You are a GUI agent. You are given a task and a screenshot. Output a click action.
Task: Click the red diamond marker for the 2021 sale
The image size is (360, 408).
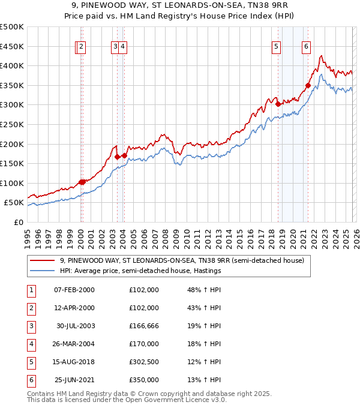pyautogui.click(x=308, y=85)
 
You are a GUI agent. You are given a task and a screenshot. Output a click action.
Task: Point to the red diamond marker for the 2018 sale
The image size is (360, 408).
pyautogui.click(x=278, y=104)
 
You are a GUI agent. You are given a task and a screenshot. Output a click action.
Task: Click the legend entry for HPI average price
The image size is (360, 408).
pyautogui.click(x=141, y=271)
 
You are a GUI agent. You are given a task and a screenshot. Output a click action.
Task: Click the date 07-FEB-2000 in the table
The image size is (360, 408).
pyautogui.click(x=74, y=290)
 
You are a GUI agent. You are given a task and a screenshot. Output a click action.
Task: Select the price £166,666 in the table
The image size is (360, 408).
pyautogui.click(x=144, y=326)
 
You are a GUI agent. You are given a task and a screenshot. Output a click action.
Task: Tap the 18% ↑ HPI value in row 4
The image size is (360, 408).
pyautogui.click(x=204, y=344)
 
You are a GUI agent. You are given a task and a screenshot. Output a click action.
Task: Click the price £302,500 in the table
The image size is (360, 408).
pyautogui.click(x=144, y=362)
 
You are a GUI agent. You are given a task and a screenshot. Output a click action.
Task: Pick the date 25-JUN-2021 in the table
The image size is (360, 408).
pyautogui.click(x=75, y=380)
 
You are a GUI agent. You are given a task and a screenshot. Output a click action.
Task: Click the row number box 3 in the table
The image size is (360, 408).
pyautogui.click(x=31, y=326)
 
